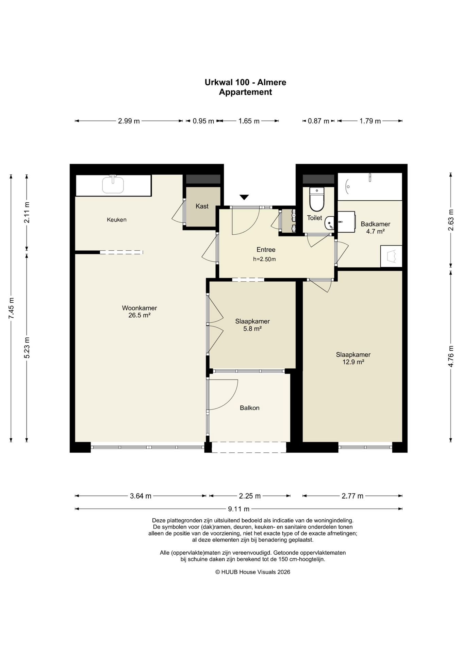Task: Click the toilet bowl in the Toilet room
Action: coord(317,199)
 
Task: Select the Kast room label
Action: coord(202,206)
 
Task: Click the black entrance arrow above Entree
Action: coord(244,197)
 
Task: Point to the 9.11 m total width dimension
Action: coord(238,509)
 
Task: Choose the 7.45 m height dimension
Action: coord(11,308)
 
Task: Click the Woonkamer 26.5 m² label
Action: coord(139,312)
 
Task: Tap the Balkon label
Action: coord(250,408)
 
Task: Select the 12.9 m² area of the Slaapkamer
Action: coord(353,362)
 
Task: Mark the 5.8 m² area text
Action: coord(252,329)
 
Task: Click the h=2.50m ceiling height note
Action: coord(264,259)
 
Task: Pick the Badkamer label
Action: coord(375,224)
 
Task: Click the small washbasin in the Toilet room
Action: coord(330,223)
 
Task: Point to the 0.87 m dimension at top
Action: coord(318,121)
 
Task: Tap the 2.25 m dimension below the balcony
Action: coord(250,496)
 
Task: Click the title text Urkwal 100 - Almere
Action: coord(245,82)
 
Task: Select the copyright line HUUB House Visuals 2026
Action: coord(253,572)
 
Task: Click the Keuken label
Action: coord(117,220)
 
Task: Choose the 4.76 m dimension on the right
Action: coord(451,356)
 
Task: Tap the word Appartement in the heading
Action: coord(245,92)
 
